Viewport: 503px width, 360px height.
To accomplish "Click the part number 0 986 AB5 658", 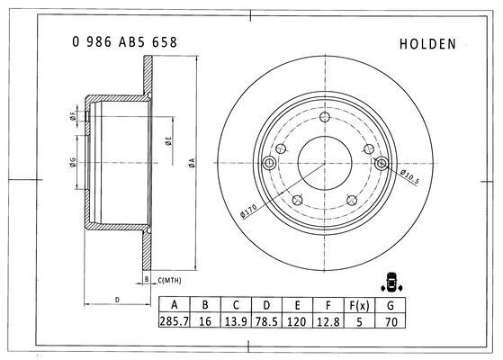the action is [124, 42].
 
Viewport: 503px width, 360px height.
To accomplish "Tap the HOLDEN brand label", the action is [427, 44].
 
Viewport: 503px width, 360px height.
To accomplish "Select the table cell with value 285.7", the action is [175, 321].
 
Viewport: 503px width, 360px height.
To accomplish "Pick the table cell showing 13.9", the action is [236, 321].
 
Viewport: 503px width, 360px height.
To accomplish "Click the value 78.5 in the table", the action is [266, 321].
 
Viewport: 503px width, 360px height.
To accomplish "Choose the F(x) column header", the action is [359, 305].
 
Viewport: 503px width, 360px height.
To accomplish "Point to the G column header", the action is [391, 305].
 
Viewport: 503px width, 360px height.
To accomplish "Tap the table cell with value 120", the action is [297, 321].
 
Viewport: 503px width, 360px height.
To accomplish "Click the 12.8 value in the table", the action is [328, 321].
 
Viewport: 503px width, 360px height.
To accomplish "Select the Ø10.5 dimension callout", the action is [409, 176].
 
